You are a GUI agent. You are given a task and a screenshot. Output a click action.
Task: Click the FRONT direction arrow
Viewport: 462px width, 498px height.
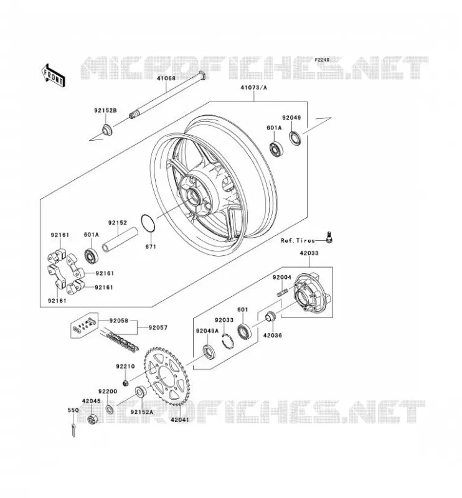tap(53, 75)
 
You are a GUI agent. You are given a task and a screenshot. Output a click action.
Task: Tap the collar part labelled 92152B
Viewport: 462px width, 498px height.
tap(107, 129)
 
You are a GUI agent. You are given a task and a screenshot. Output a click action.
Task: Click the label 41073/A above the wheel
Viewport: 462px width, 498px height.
tap(253, 87)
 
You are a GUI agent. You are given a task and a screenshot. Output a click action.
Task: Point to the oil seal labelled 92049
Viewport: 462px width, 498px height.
tap(295, 138)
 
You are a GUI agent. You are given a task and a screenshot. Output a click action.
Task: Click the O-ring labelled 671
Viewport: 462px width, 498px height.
tap(148, 223)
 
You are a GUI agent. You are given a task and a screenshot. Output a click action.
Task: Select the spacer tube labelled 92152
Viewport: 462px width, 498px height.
tap(120, 239)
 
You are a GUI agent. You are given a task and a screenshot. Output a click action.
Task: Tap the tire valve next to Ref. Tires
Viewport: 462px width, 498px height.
tap(329, 237)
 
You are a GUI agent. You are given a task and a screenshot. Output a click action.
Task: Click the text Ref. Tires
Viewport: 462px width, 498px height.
tap(298, 240)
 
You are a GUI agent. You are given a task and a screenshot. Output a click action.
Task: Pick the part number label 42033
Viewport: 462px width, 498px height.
tap(309, 253)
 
